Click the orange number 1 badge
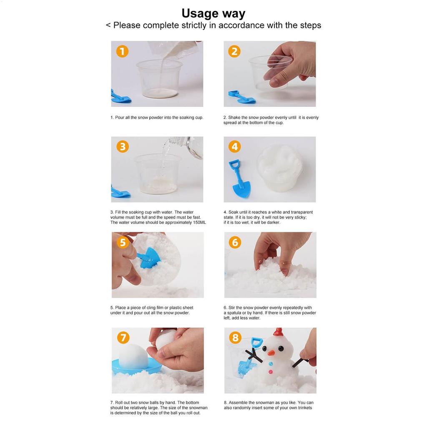122,51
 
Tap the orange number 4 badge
235,146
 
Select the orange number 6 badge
235,242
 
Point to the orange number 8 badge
235,338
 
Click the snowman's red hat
278,332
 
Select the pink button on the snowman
270,372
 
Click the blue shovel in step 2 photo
242,97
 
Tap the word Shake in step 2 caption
234,117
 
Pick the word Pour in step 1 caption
120,117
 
